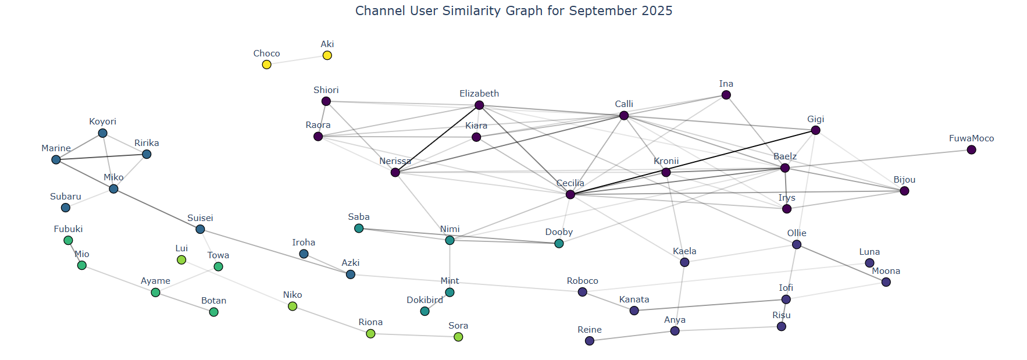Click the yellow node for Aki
point(327,55)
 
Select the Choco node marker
point(266,65)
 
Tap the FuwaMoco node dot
point(971,150)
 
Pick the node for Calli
point(624,116)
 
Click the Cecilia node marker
point(570,194)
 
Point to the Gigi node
point(815,130)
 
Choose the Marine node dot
point(56,160)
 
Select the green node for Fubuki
point(68,241)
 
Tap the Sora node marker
point(458,337)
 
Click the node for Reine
point(590,341)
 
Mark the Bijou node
point(904,191)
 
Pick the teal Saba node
point(359,229)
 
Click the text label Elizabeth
point(479,94)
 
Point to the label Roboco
point(582,281)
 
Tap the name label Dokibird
point(425,300)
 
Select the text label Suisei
point(200,218)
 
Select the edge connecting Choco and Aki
point(297,60)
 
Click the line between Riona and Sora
point(414,336)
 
